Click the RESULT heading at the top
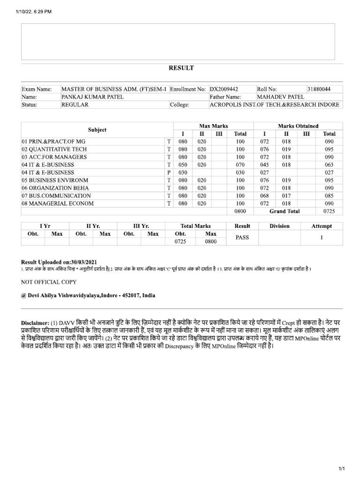click(181, 68)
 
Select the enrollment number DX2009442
click(224, 89)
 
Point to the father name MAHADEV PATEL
click(277, 97)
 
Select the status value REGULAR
click(75, 105)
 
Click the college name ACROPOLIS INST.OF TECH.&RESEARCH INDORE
click(274, 105)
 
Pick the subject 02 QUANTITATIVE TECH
click(54, 150)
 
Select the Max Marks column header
click(213, 126)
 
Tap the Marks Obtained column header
click(298, 126)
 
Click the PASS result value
click(242, 238)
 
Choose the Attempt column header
click(322, 226)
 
